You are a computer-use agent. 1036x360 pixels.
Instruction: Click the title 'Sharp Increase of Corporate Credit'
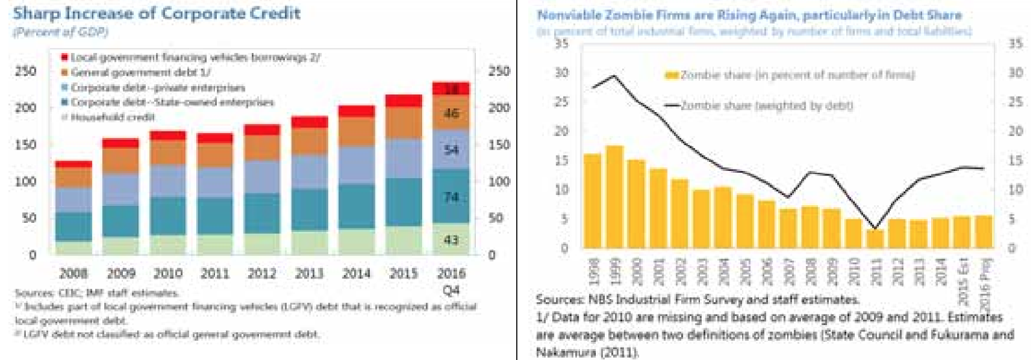pos(157,13)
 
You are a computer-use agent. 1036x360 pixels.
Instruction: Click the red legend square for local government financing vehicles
pos(65,58)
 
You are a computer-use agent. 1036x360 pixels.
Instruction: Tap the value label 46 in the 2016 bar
pos(451,113)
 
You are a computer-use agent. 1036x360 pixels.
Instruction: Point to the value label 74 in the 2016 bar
pos(451,197)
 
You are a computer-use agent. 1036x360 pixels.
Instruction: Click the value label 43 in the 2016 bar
pos(451,240)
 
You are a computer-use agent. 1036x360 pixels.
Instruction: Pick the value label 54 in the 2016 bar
pos(451,150)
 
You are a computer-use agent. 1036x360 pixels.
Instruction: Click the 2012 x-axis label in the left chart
pos(262,274)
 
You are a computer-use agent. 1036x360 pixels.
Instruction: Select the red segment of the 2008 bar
pos(73,164)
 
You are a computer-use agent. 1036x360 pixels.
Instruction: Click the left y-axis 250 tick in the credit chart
pos(26,71)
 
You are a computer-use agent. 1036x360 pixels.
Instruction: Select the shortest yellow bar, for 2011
pos(875,239)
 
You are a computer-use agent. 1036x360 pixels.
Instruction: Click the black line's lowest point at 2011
pos(875,228)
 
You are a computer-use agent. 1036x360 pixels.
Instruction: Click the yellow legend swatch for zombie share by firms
pos(671,76)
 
